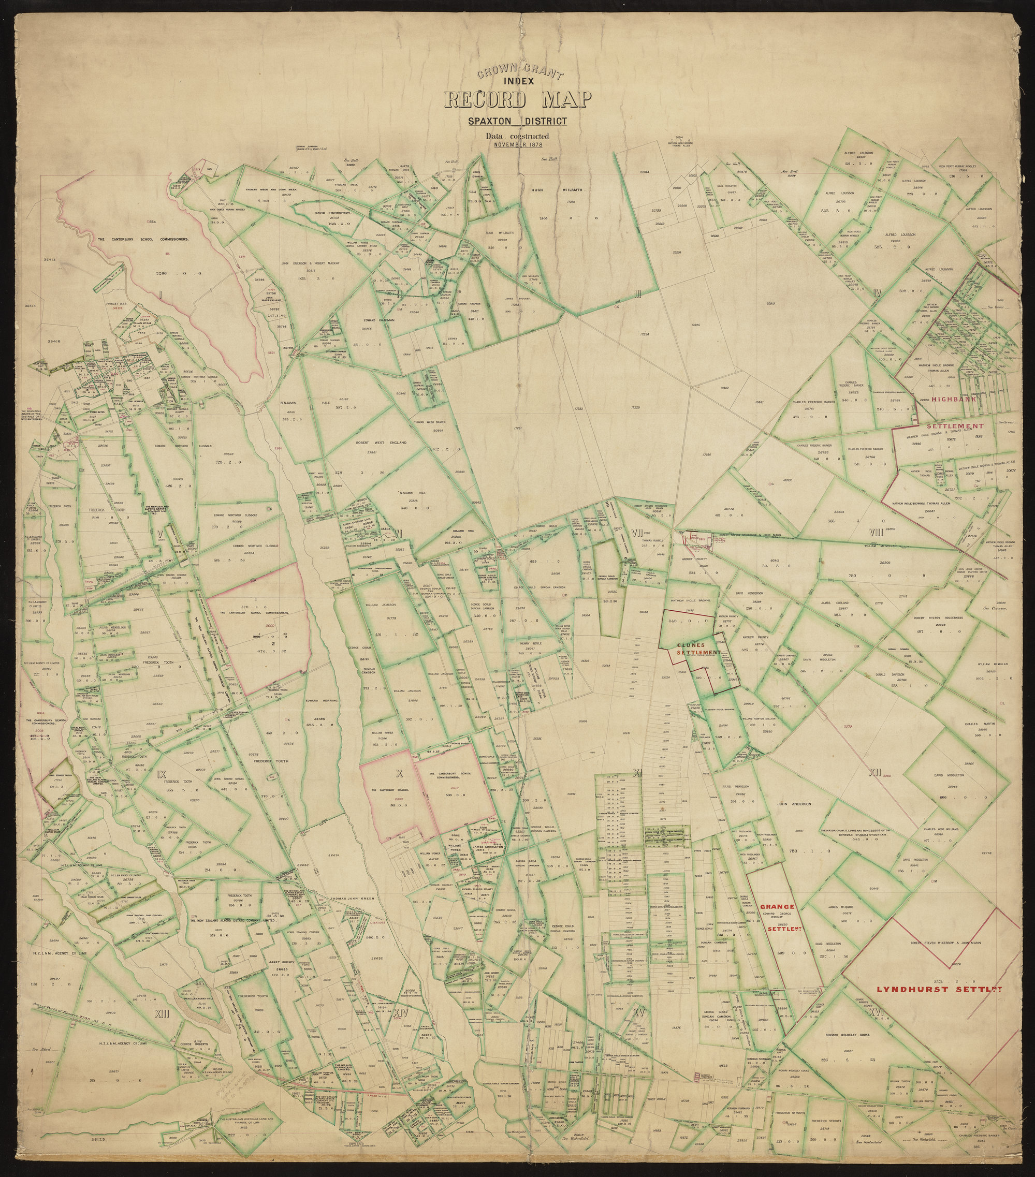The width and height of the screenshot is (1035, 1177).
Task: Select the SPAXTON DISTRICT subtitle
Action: click(x=517, y=122)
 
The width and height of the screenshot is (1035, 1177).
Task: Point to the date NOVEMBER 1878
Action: click(x=518, y=144)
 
